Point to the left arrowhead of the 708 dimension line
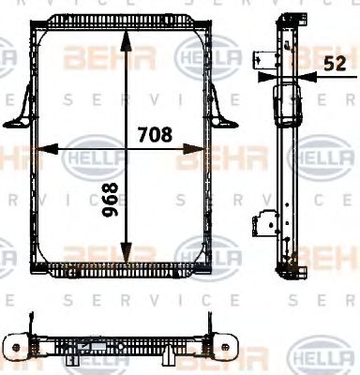pyautogui.click(x=43, y=147)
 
